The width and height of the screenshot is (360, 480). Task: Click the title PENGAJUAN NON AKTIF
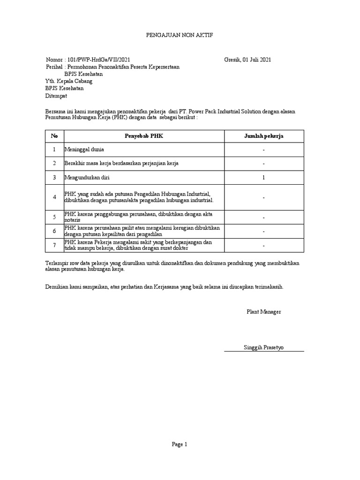[180, 35]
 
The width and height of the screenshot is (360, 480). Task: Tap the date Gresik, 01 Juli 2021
[247, 60]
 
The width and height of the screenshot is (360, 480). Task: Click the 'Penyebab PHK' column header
[144, 136]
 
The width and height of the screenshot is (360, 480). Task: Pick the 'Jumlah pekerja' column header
[264, 136]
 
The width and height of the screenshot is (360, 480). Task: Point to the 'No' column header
[54, 136]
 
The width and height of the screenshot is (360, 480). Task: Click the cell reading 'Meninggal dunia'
[84, 150]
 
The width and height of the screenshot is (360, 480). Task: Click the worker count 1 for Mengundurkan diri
[264, 178]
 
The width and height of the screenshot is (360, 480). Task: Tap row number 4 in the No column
[54, 197]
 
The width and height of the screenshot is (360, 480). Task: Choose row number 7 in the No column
[54, 245]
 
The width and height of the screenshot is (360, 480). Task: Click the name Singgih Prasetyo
[263, 347]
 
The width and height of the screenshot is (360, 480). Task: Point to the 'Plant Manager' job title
[264, 312]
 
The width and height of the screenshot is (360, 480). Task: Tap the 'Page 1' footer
[180, 445]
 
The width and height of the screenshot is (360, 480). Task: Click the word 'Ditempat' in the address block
[56, 96]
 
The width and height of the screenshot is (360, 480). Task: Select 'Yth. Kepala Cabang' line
[69, 81]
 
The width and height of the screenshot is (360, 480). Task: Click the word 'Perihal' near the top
[54, 67]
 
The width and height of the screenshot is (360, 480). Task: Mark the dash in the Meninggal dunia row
[264, 150]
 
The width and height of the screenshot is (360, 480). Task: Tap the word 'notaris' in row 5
[72, 220]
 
